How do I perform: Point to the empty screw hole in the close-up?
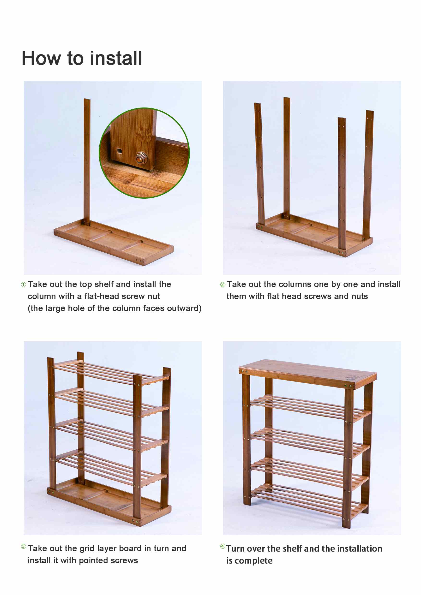tap(119, 151)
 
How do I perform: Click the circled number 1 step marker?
tap(23, 285)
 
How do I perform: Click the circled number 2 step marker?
tap(223, 285)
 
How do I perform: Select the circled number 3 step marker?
tap(23, 546)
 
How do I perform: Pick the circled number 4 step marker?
tap(223, 546)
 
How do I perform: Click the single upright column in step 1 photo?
tap(87, 161)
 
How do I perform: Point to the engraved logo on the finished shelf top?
tap(353, 378)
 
